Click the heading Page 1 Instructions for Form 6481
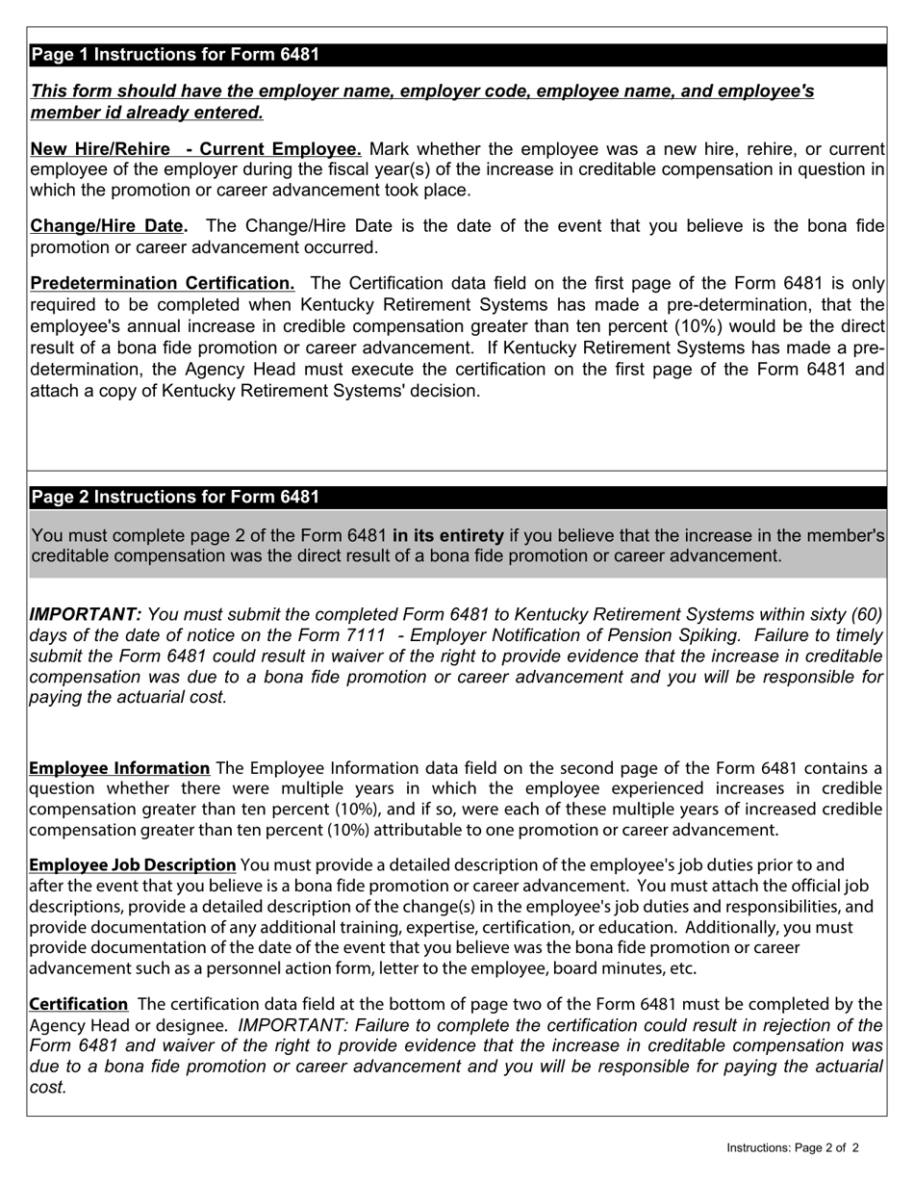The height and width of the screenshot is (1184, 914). click(x=175, y=55)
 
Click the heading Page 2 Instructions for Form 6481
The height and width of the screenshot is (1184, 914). click(x=175, y=497)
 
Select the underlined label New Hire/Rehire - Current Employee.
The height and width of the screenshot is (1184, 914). click(x=196, y=149)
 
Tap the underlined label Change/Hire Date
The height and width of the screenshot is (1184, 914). click(x=109, y=226)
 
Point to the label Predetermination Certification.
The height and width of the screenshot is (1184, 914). click(x=163, y=283)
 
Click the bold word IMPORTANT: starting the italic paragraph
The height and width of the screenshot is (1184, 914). click(x=86, y=614)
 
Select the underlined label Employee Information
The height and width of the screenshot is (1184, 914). click(x=119, y=768)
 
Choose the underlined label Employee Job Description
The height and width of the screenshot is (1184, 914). click(x=133, y=864)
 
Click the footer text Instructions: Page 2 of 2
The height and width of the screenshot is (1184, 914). click(x=792, y=1147)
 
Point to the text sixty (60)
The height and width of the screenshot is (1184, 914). click(x=841, y=614)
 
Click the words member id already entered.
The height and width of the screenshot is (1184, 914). click(x=146, y=113)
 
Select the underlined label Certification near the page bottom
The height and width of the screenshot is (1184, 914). click(x=78, y=1004)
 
